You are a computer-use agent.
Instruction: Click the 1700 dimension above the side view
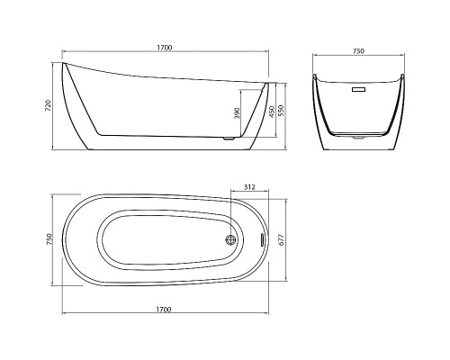(x=165, y=48)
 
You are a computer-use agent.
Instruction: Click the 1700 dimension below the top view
(x=164, y=310)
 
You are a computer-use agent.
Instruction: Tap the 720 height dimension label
(x=49, y=105)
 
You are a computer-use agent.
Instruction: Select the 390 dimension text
(x=237, y=113)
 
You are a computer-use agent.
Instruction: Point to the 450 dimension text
(x=272, y=112)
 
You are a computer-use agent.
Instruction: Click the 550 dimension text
(x=281, y=111)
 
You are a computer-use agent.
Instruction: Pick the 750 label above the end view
(x=358, y=51)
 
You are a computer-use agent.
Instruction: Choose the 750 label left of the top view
(x=49, y=239)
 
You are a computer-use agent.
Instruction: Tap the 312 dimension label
(x=249, y=187)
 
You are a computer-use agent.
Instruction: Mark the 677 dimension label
(x=282, y=239)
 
